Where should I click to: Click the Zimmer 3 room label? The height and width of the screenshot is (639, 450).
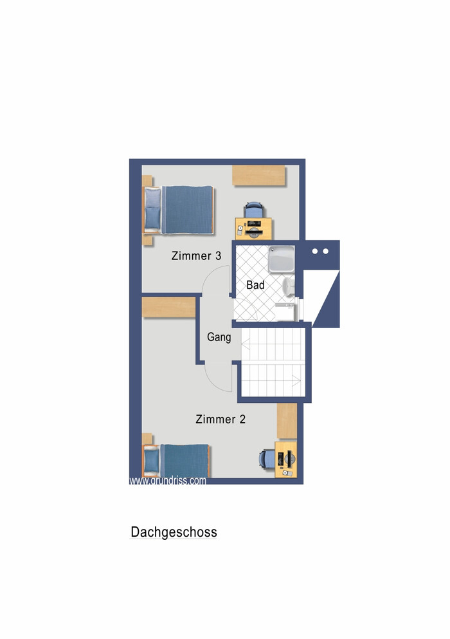point(196,256)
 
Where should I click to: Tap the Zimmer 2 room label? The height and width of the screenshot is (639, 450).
point(221,420)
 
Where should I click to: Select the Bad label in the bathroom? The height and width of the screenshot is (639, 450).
point(255,285)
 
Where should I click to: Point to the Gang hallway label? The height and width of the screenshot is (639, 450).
point(219,337)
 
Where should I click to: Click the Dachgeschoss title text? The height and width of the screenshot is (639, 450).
point(174,532)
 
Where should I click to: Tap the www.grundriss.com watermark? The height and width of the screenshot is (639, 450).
point(168,481)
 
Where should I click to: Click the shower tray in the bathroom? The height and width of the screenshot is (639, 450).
point(282,259)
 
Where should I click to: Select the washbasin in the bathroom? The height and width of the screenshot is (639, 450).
point(289,285)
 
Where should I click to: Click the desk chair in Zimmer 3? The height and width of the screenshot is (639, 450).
point(254,210)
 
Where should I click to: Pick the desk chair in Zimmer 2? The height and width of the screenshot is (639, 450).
point(267,459)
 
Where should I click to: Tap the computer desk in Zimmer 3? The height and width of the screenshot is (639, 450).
point(253,228)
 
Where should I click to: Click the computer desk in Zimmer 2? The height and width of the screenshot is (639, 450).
point(286,459)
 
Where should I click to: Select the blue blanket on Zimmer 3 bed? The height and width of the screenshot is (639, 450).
point(188,210)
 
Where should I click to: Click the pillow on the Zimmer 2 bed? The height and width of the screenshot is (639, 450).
point(151,460)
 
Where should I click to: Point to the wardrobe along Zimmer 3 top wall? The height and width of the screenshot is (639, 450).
point(258,175)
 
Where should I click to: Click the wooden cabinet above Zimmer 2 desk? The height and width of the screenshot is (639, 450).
point(287,421)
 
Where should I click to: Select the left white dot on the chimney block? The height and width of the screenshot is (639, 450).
point(315,252)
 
